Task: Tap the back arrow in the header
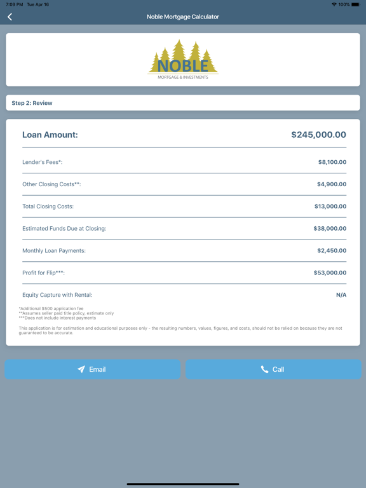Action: [10, 17]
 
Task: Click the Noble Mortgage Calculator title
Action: [183, 17]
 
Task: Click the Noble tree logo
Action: [183, 60]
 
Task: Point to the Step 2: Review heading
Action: [32, 103]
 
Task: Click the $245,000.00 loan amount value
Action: [318, 135]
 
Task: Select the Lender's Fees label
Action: [43, 162]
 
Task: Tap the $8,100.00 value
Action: [332, 162]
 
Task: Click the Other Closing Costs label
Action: [51, 184]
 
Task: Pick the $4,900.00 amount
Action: [332, 184]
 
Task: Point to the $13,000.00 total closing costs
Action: [330, 207]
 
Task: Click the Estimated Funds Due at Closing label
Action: [64, 229]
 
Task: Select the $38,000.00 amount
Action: [330, 229]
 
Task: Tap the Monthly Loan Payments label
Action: [54, 251]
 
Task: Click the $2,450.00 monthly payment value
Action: [332, 251]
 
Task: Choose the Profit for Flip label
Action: [43, 273]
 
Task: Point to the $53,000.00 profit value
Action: [330, 273]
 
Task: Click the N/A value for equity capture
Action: [341, 295]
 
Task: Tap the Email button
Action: [93, 369]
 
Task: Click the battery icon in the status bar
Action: [356, 4]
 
